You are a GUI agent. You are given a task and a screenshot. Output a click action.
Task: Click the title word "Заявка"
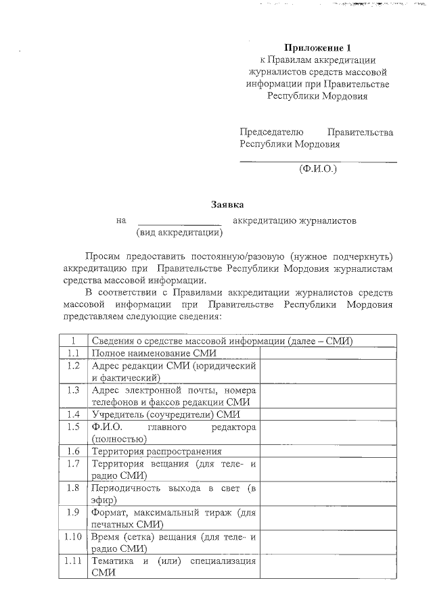click(x=226, y=204)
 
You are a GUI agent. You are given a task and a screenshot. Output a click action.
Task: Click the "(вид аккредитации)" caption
click(x=179, y=233)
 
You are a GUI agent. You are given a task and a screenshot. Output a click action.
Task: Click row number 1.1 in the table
click(x=74, y=353)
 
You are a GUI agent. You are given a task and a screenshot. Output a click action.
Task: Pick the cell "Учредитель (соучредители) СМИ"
click(x=166, y=415)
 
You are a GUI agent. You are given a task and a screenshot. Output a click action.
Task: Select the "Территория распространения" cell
click(x=156, y=451)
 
